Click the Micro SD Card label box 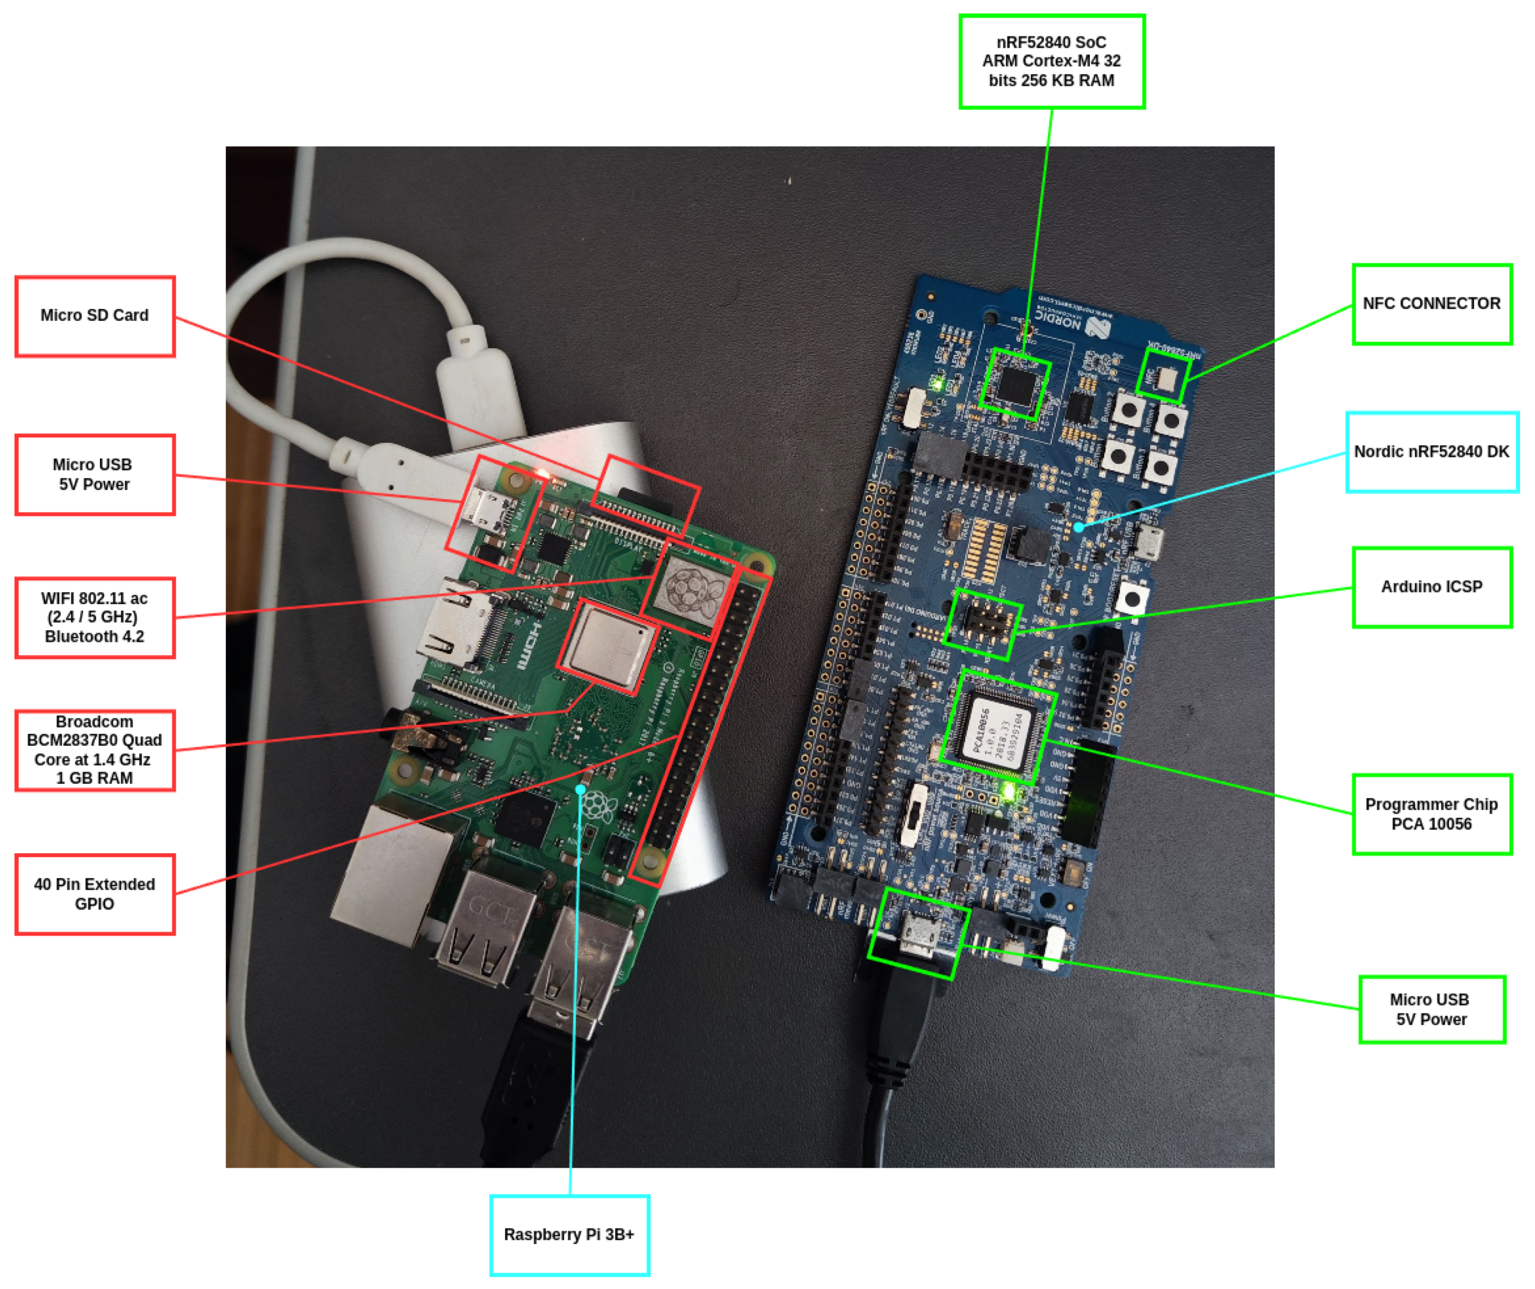tap(94, 316)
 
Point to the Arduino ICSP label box tap(1431, 586)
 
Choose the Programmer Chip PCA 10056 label tap(1431, 813)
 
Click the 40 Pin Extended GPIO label tap(94, 894)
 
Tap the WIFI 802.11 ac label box tap(94, 617)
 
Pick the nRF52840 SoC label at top tap(1050, 62)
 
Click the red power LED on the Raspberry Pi tap(542, 474)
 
